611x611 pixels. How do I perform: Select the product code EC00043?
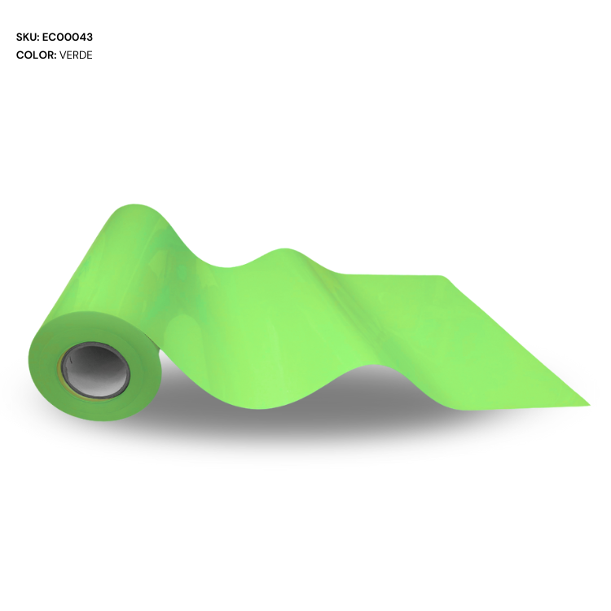(x=68, y=37)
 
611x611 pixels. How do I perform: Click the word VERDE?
(x=76, y=55)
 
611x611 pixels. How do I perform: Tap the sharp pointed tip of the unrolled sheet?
(x=590, y=405)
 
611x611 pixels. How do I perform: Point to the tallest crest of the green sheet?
(x=134, y=204)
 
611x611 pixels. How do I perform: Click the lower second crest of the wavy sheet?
(x=284, y=249)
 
